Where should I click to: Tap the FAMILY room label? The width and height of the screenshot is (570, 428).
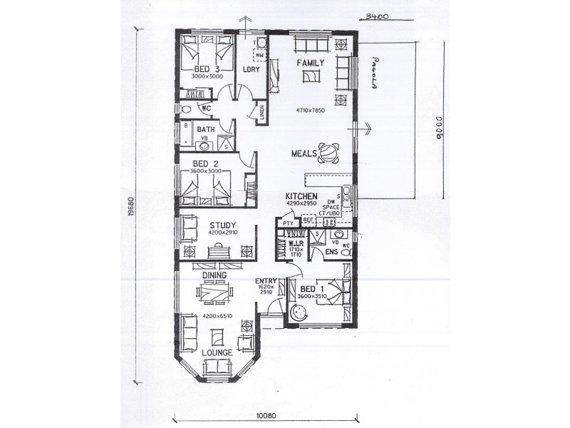tap(311, 63)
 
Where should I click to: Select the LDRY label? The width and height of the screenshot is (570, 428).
tap(250, 69)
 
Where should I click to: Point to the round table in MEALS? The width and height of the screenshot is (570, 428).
tap(330, 151)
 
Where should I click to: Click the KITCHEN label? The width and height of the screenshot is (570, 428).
tap(301, 196)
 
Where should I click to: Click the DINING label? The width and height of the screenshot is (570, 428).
tap(214, 275)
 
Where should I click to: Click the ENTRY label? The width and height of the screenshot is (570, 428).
tap(266, 281)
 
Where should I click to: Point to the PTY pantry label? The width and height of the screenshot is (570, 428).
tap(288, 224)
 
